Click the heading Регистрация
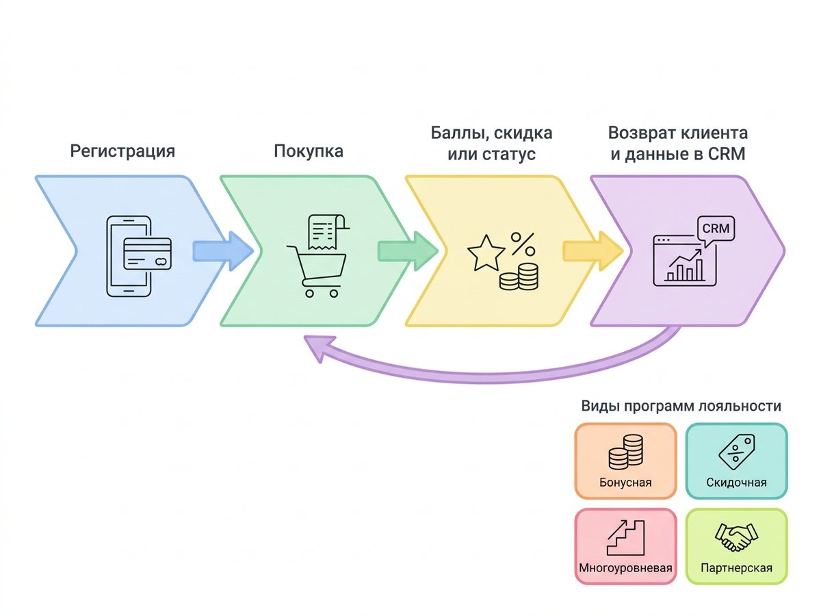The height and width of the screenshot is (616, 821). pos(122,151)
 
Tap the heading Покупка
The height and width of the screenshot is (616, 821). pos(308,151)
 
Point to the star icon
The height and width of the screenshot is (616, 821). pos(486,254)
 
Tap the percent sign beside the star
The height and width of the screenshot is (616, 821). pos(523,243)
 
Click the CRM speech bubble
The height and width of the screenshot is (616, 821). pos(714,229)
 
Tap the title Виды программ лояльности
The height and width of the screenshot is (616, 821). pos(681,406)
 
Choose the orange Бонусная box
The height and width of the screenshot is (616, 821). pos(625,461)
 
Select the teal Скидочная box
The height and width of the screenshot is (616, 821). pos(736,461)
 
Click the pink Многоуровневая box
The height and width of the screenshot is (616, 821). pos(625,546)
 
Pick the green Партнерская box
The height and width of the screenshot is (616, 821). pos(736,546)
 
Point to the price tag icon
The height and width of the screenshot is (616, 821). pos(736,451)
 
